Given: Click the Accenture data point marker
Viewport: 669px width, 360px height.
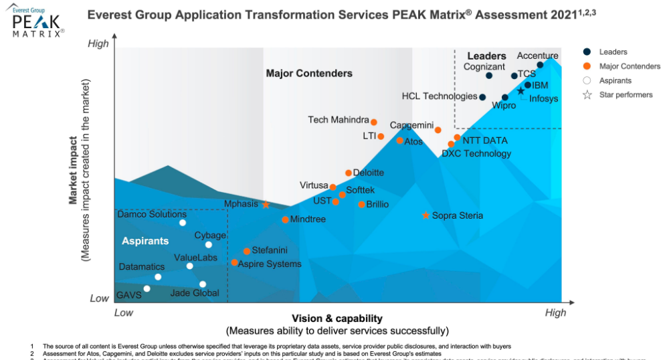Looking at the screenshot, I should point(540,65).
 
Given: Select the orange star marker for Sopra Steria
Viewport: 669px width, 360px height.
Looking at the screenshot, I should point(425,215).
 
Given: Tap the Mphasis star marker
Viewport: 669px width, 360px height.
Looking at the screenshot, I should point(266,205).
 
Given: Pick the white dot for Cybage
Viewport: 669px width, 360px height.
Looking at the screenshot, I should point(208,245).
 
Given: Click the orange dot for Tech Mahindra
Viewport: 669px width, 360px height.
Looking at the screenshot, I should point(374,122).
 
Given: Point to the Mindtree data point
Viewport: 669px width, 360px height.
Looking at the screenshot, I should point(285,219).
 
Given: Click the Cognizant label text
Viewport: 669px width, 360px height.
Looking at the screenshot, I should point(484,66).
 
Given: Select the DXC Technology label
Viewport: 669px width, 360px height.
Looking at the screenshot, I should point(476,153).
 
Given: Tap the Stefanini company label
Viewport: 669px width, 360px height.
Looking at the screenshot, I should point(270,250).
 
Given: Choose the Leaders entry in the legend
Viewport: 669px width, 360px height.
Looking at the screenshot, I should point(613,52).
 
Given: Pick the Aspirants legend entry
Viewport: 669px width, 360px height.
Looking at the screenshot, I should point(615,80).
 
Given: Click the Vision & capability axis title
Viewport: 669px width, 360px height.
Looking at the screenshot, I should point(337,319).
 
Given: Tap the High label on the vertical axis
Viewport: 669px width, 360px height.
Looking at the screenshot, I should point(98,44).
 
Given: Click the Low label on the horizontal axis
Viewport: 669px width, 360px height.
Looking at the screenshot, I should point(123,312).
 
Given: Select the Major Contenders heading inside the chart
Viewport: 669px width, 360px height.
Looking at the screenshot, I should point(309,73).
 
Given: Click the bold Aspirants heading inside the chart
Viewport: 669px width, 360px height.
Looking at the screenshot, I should point(145,240).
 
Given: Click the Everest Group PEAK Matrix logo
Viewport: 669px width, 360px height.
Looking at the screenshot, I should point(37,21).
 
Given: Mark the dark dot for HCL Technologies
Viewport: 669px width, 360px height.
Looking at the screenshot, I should point(482,97).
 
